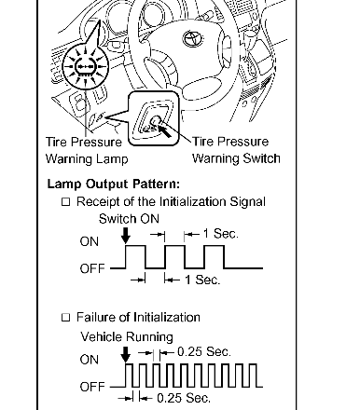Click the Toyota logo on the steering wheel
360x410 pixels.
click(193, 39)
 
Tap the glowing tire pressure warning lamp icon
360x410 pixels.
click(85, 66)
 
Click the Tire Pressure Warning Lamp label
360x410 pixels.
click(87, 150)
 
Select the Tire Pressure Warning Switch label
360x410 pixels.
click(236, 150)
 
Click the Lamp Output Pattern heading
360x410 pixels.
click(114, 184)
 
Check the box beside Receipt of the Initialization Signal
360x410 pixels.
click(66, 202)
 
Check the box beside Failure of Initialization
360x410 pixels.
click(66, 318)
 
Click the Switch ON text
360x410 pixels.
click(129, 219)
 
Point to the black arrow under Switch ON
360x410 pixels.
click(126, 236)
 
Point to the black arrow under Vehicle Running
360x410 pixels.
click(126, 354)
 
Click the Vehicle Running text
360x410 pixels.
click(127, 336)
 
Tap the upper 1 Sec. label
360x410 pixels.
click(221, 234)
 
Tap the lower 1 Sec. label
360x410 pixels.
click(202, 280)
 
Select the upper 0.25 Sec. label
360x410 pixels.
click(204, 352)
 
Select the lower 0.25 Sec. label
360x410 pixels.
click(184, 398)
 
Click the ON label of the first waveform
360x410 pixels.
click(90, 241)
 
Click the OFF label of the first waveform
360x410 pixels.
click(92, 268)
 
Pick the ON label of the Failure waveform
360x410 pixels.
click(90, 360)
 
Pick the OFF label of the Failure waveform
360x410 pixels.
click(92, 387)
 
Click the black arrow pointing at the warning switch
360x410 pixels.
click(165, 130)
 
